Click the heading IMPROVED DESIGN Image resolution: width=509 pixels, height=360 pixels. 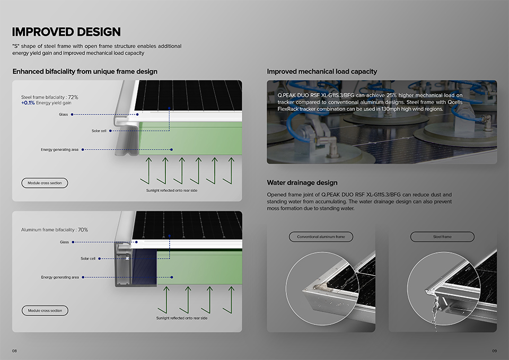(x=66, y=32)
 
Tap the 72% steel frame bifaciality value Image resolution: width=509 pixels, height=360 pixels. (x=73, y=97)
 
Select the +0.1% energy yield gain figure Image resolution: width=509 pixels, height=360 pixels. (x=28, y=103)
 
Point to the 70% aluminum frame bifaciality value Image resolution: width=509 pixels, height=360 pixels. (x=83, y=230)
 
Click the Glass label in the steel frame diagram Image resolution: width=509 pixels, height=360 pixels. (x=63, y=115)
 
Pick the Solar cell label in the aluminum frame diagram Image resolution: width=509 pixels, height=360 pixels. (x=88, y=258)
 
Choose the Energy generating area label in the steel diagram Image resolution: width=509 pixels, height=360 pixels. (x=59, y=150)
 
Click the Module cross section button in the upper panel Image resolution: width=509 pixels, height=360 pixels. (x=45, y=183)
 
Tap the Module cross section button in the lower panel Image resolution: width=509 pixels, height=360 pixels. (x=45, y=310)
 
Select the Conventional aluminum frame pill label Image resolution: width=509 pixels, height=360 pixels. (x=321, y=236)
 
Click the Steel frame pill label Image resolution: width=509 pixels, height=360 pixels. (x=442, y=236)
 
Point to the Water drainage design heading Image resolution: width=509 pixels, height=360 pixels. (x=302, y=183)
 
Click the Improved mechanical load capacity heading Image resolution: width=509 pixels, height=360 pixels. (x=322, y=72)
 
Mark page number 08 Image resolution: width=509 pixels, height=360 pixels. (x=14, y=351)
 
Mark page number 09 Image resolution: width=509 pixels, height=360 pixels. (x=494, y=351)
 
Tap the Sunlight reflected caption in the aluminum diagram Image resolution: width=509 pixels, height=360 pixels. (x=182, y=318)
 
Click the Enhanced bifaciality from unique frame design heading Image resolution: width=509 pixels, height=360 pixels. (x=85, y=72)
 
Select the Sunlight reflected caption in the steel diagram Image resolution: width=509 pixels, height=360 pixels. (x=172, y=190)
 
